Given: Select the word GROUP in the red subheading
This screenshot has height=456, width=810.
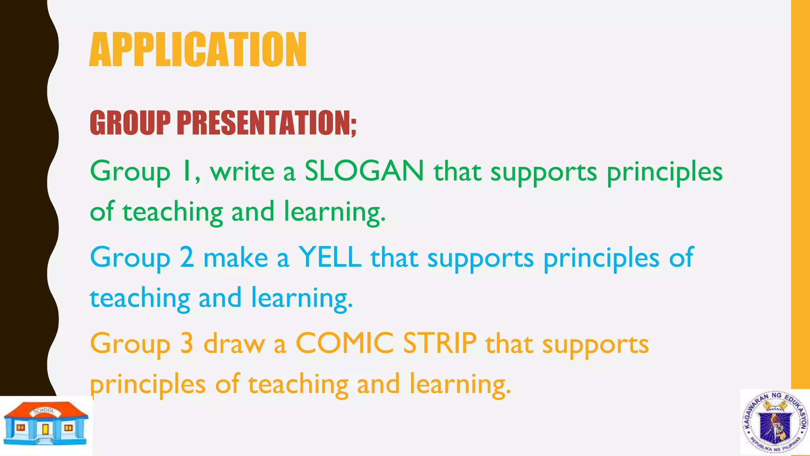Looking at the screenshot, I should tap(130, 123).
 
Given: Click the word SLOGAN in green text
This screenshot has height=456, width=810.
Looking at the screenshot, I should tap(364, 171).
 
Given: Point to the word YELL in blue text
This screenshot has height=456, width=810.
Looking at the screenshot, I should tap(329, 257).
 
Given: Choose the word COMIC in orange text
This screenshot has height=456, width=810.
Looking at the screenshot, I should tap(344, 343).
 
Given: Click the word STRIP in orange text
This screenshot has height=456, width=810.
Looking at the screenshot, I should tap(439, 343).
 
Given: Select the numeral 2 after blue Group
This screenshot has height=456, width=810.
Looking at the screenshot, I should tap(187, 257).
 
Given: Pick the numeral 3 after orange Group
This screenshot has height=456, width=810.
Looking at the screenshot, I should tap(187, 343).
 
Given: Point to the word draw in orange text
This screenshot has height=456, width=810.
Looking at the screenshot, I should tap(234, 344).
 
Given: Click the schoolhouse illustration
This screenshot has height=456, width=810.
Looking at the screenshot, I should tap(45, 424).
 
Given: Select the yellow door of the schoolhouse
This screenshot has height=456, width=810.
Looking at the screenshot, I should tap(45, 429).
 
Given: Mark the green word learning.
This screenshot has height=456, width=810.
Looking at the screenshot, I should tap(335, 212).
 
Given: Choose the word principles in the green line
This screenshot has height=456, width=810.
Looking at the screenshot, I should tap(664, 173).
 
